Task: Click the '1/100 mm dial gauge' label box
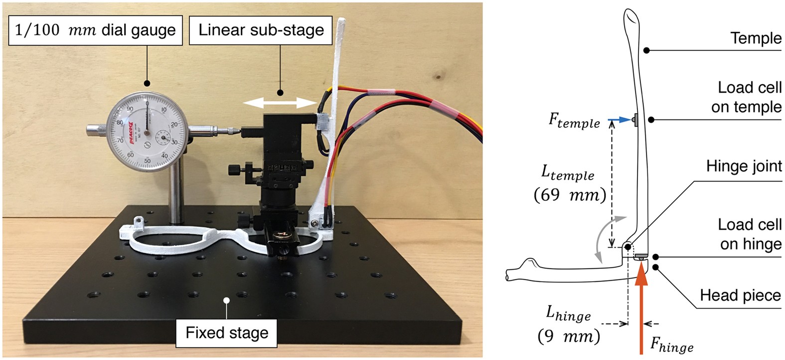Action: point(95,30)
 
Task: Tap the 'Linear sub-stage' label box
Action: point(261,30)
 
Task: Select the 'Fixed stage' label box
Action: point(227,332)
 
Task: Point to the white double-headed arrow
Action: point(280,103)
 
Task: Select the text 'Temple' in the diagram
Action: point(756,38)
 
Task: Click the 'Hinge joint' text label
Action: point(744,166)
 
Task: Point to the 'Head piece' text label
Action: point(740,295)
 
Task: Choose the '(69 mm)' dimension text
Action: point(570,194)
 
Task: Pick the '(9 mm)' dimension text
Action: point(568,336)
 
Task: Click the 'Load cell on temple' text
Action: point(747,97)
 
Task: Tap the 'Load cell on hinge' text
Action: point(750,234)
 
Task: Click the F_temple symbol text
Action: point(574,121)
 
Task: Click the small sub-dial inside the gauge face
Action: point(162,137)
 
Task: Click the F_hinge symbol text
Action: point(672,345)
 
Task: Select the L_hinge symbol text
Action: point(568,314)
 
